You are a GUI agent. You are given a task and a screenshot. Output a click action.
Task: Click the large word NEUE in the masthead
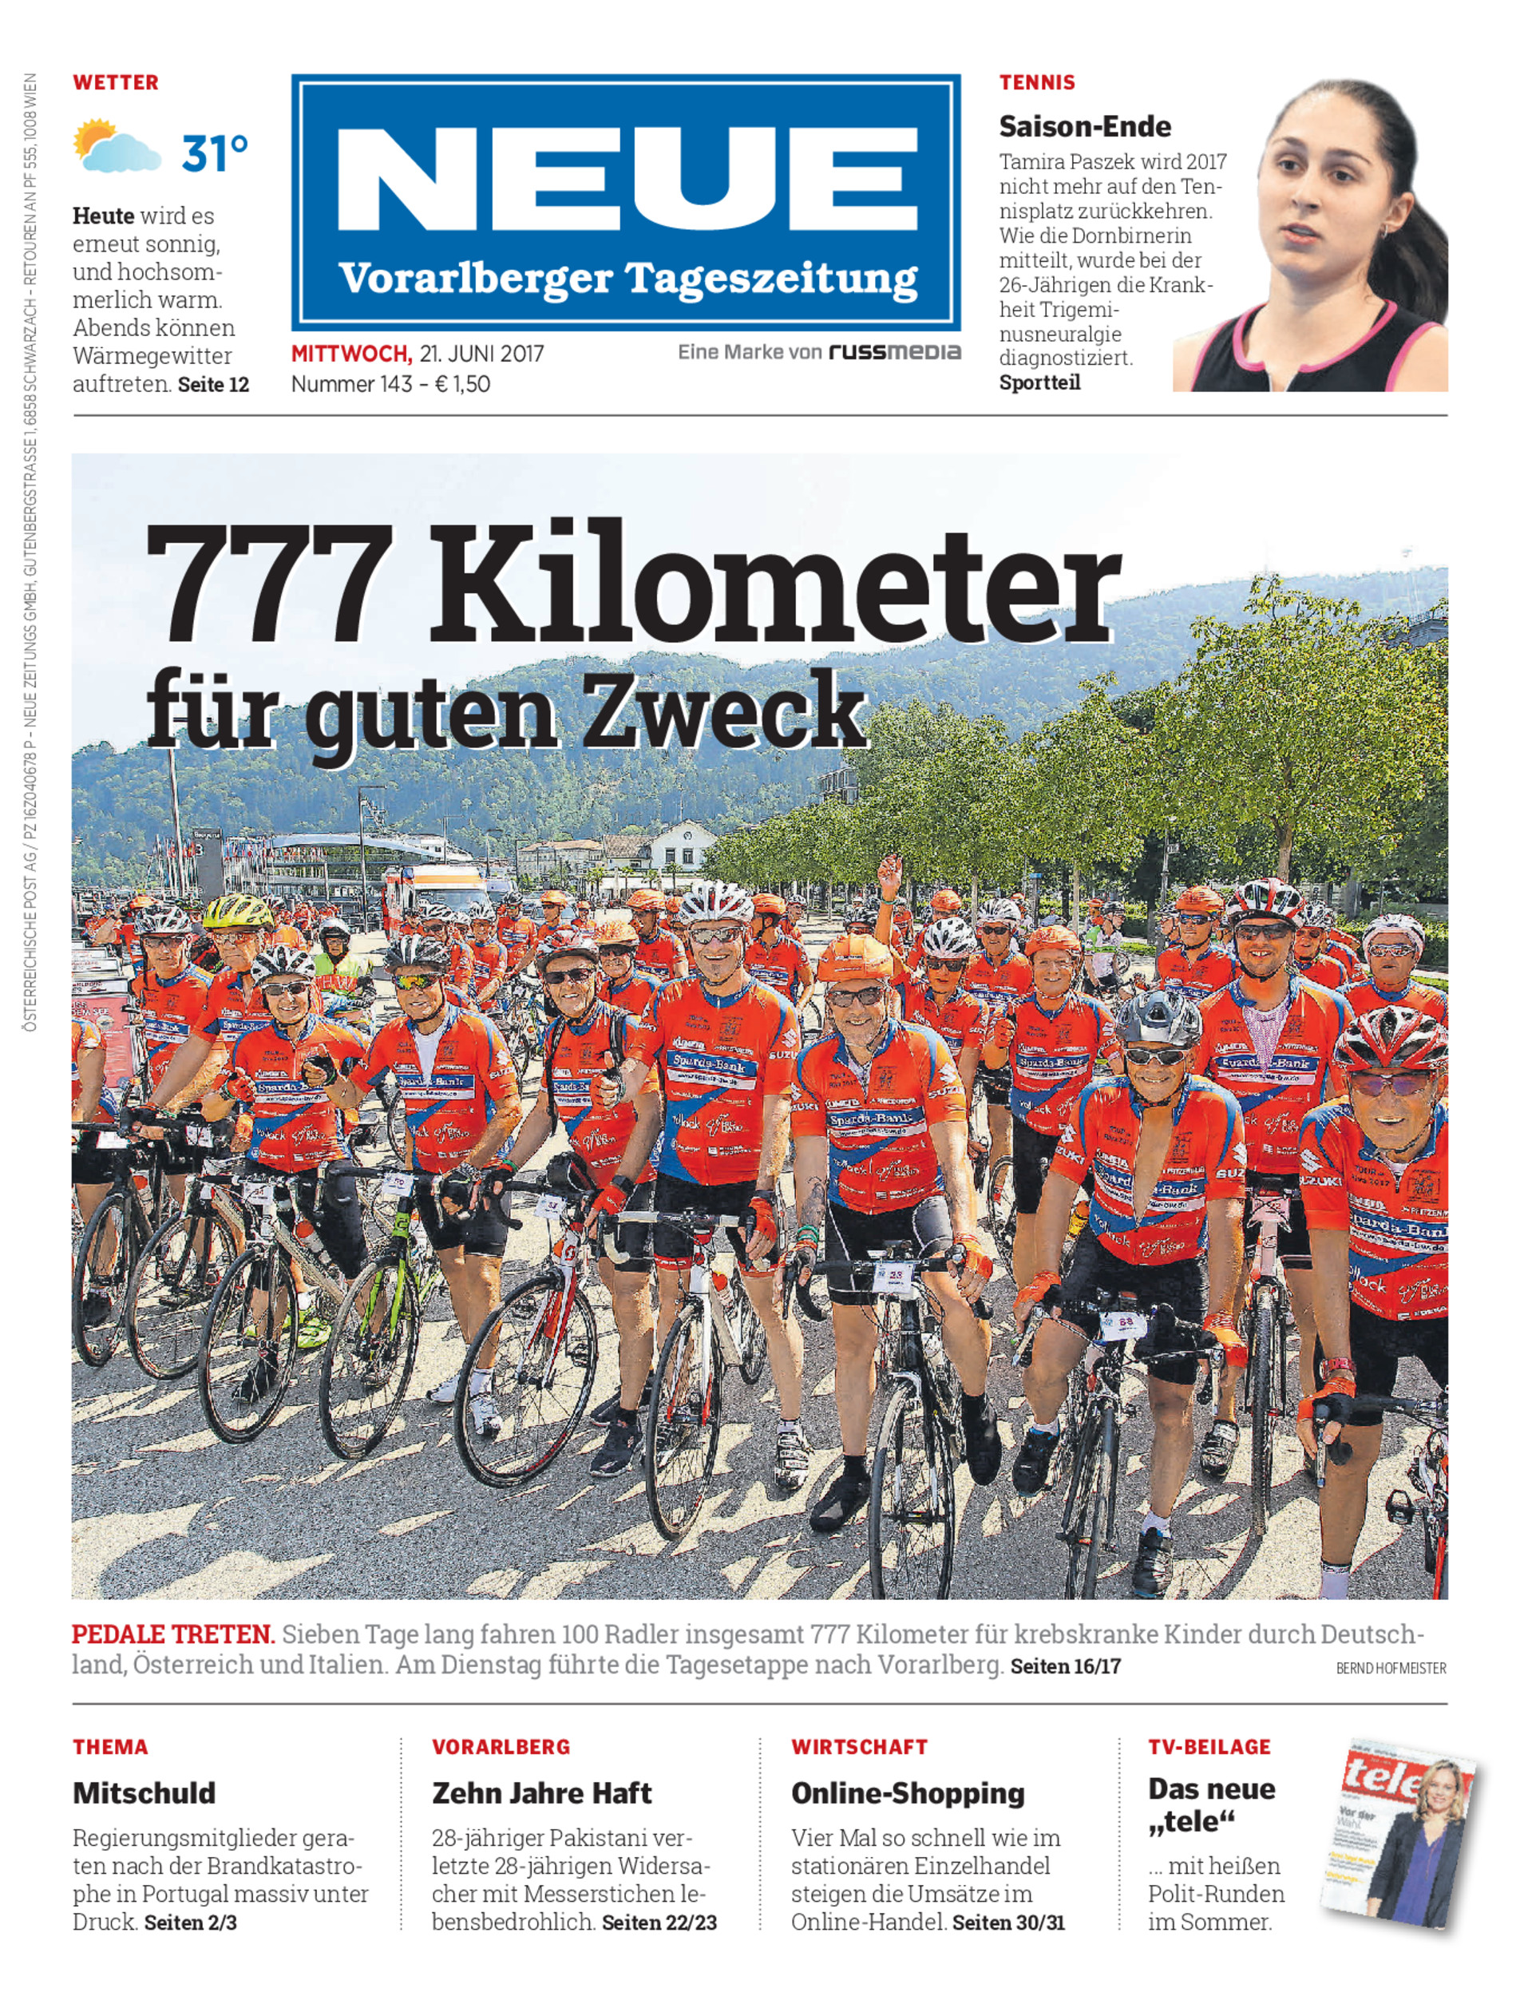click(626, 179)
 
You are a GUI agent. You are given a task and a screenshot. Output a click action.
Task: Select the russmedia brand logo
click(894, 352)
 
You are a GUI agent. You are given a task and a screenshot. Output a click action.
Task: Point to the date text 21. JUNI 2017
click(481, 354)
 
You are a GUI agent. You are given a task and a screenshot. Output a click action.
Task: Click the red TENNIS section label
click(1037, 82)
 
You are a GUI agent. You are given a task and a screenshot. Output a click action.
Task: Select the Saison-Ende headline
click(1084, 127)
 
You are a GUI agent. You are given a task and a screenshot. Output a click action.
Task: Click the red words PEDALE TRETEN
click(172, 1634)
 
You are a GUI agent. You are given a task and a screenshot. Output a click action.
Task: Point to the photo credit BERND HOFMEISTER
click(1391, 1668)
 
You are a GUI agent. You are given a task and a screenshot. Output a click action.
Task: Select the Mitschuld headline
click(144, 1792)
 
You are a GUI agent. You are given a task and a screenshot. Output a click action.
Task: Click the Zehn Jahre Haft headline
click(541, 1792)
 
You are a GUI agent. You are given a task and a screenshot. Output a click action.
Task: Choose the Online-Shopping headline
click(908, 1792)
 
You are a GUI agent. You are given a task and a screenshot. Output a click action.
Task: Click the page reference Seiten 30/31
click(1008, 1923)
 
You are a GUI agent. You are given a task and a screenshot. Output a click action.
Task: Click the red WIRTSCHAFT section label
click(859, 1747)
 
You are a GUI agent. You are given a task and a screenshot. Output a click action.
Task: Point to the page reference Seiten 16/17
click(1065, 1665)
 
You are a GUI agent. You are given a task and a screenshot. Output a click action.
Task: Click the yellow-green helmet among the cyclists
click(237, 911)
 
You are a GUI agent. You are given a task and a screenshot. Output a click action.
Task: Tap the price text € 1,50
click(462, 385)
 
